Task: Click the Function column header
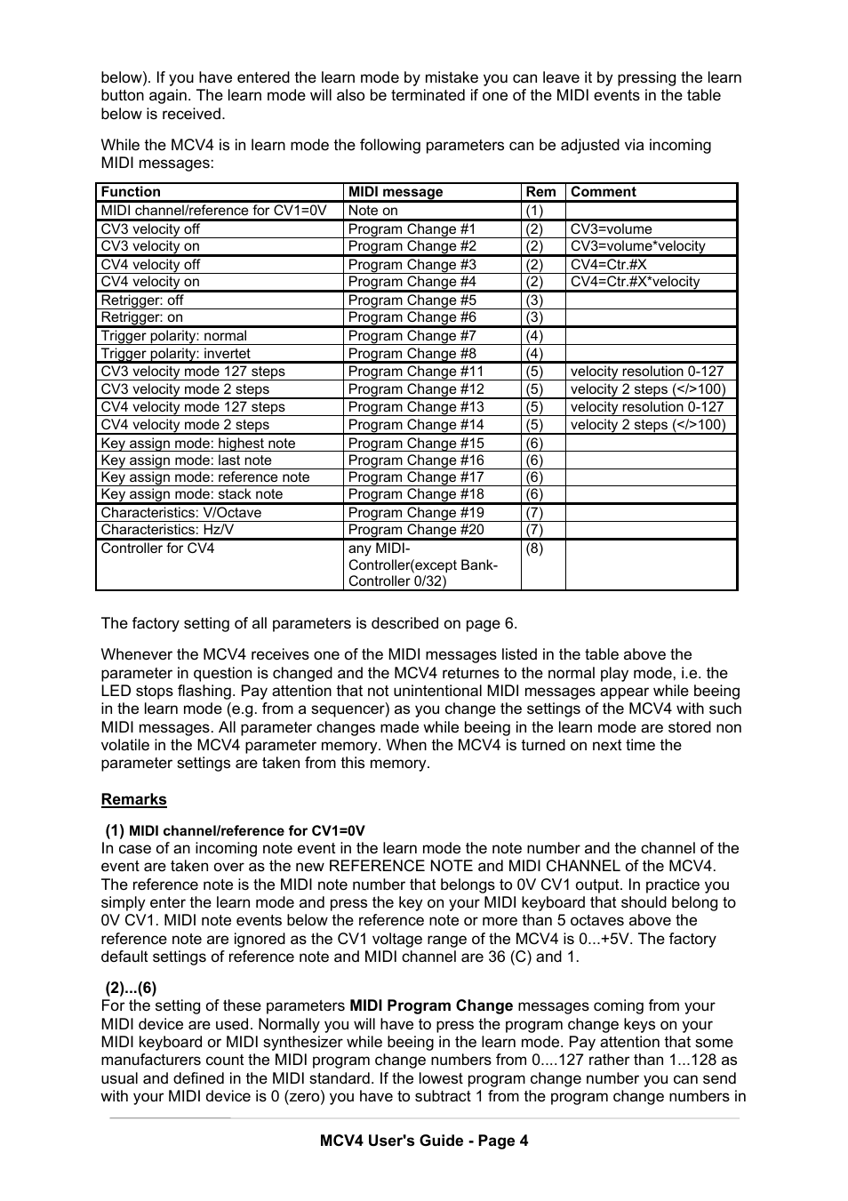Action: pyautogui.click(x=131, y=192)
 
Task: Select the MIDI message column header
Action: pyautogui.click(x=395, y=192)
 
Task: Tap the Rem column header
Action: pyautogui.click(x=540, y=192)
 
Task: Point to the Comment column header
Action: pyautogui.click(x=603, y=192)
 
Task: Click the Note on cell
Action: pyautogui.click(x=372, y=211)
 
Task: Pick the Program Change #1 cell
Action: pyautogui.click(x=412, y=229)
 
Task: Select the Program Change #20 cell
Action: pyautogui.click(x=416, y=530)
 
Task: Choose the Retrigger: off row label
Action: pyautogui.click(x=142, y=300)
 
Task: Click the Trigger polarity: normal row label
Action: pyautogui.click(x=173, y=336)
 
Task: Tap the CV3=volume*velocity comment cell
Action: pyautogui.click(x=637, y=246)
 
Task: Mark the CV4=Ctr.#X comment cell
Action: pyautogui.click(x=608, y=265)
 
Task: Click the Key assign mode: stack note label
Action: pyautogui.click(x=191, y=494)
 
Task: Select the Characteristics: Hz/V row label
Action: pyautogui.click(x=167, y=530)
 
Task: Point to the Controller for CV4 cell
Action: pyautogui.click(x=157, y=548)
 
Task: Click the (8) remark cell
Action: pyautogui.click(x=533, y=548)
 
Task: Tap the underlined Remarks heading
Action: pyautogui.click(x=133, y=799)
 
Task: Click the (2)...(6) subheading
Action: pyautogui.click(x=131, y=988)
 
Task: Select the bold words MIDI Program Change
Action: pyautogui.click(x=431, y=1006)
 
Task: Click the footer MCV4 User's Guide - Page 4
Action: pyautogui.click(x=424, y=1141)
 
